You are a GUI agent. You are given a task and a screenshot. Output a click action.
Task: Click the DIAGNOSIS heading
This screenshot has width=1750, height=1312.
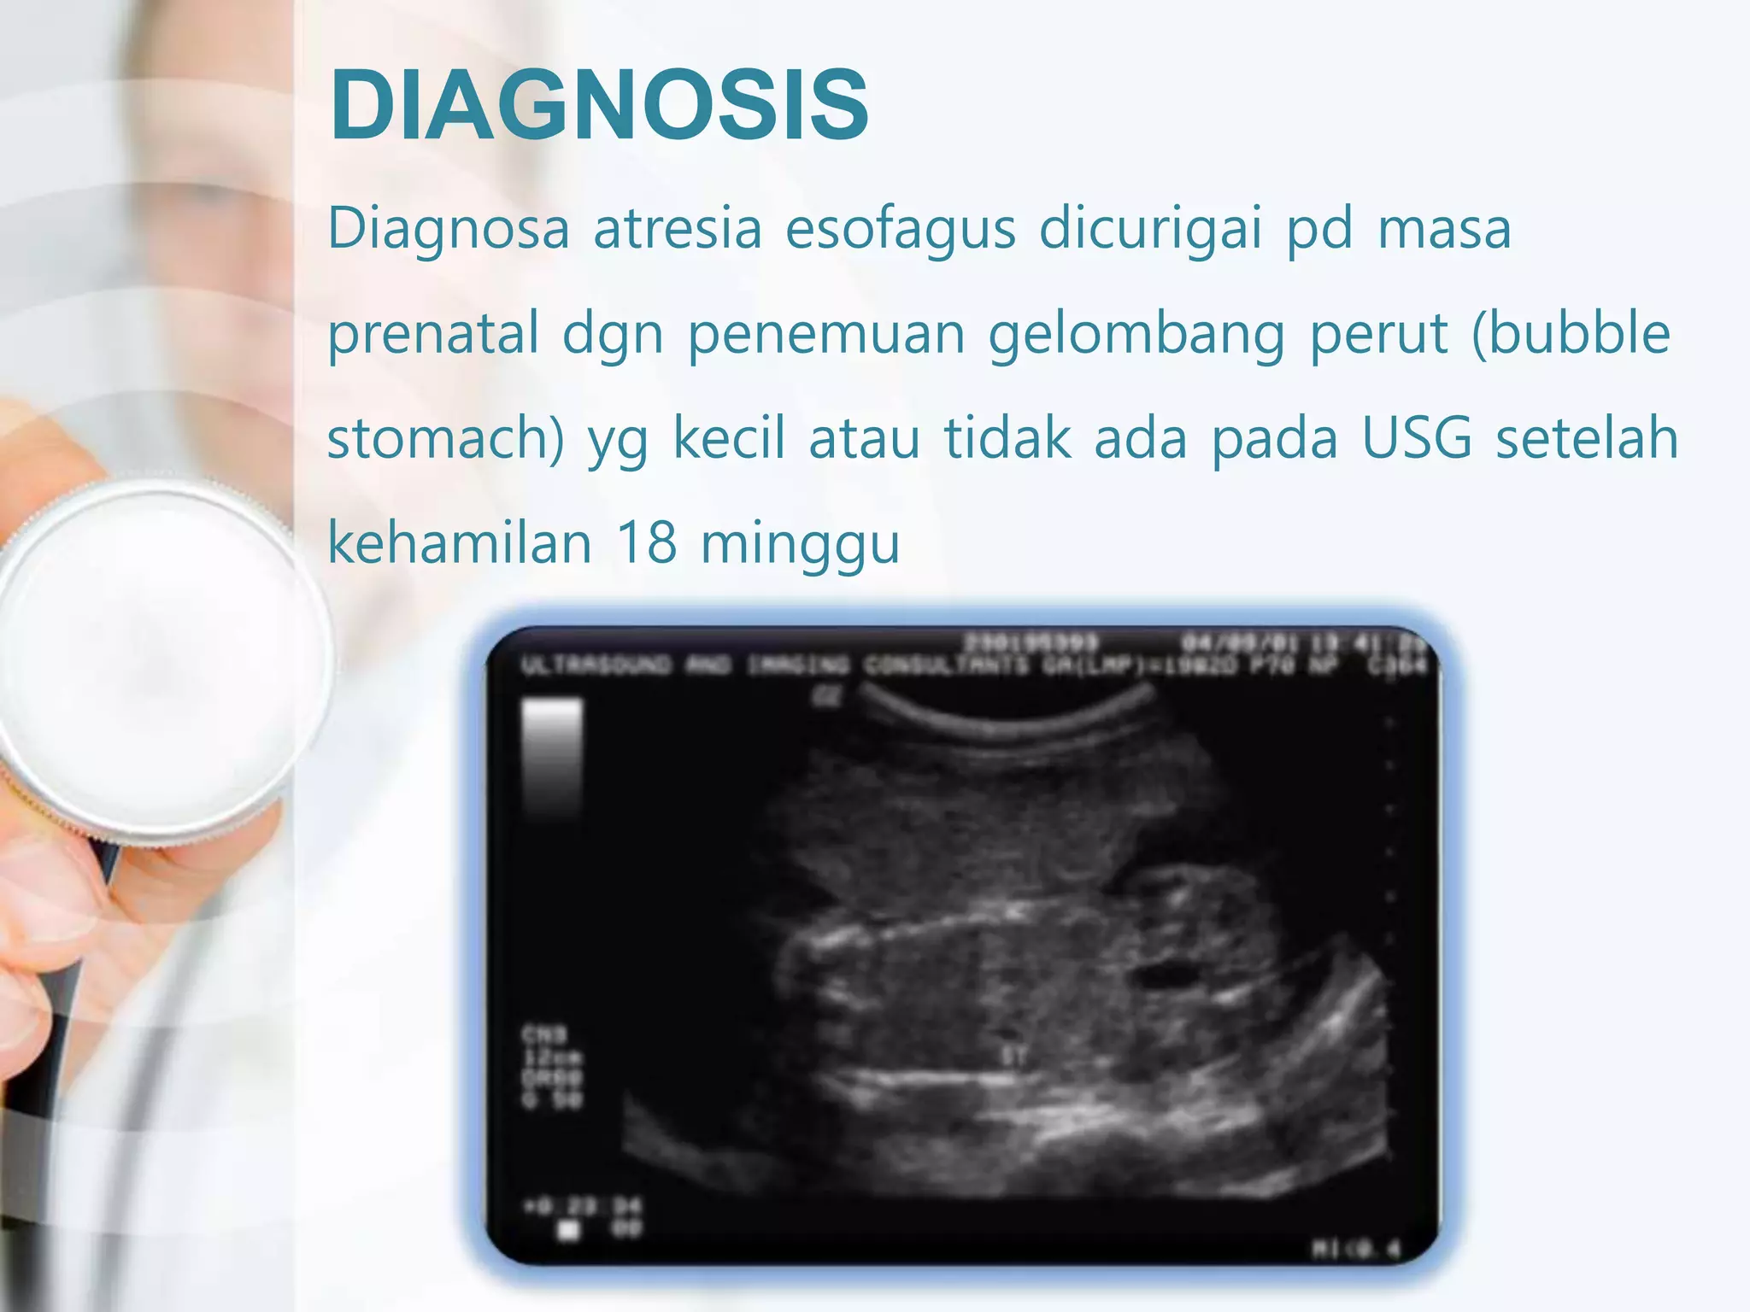tap(599, 105)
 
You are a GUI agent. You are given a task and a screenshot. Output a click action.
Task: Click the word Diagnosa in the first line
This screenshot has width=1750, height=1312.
tap(449, 229)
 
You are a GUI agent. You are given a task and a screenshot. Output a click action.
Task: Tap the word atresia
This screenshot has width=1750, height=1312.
tap(677, 229)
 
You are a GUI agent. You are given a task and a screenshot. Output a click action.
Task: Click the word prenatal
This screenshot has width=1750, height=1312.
tap(433, 335)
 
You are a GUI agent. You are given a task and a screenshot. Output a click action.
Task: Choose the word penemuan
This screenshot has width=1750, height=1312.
tap(826, 333)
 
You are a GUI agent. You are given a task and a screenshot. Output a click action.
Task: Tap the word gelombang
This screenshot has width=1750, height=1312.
tap(1136, 335)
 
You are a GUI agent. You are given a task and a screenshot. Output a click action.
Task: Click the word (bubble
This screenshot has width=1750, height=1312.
tap(1571, 333)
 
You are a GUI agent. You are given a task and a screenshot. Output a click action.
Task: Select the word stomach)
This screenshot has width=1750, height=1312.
tap(446, 439)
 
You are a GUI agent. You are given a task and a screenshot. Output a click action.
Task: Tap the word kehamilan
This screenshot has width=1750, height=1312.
tap(460, 543)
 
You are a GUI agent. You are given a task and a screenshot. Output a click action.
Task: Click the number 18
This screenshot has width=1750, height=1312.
tap(647, 543)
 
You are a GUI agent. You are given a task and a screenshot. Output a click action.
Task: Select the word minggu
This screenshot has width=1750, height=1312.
tap(801, 545)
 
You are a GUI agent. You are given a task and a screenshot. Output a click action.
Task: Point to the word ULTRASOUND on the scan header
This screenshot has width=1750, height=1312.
tap(597, 665)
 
